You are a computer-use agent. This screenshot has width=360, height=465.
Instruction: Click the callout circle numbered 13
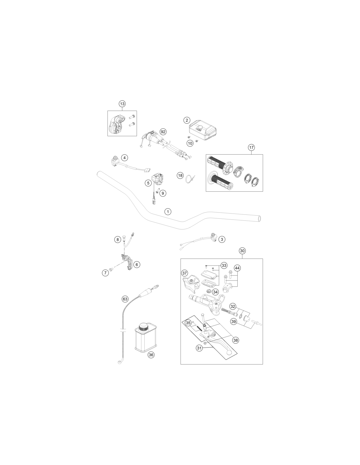(x=122, y=104)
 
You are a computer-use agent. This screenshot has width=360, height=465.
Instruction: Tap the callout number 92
(x=163, y=132)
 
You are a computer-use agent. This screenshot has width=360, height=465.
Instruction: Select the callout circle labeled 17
(x=251, y=147)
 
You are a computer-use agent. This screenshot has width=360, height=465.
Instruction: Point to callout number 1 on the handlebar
(x=168, y=212)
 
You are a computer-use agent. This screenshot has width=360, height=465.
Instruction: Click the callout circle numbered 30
(x=242, y=251)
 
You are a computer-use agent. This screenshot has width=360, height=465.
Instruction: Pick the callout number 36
(x=151, y=355)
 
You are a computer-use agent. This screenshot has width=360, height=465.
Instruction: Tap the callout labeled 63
(x=125, y=299)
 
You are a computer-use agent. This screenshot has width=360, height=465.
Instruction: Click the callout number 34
(x=215, y=292)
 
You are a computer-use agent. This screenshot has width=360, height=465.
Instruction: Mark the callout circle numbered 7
(x=105, y=273)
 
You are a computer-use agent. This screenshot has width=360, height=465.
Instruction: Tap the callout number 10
(x=190, y=143)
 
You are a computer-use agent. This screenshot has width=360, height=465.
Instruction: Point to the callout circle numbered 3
(x=222, y=239)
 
